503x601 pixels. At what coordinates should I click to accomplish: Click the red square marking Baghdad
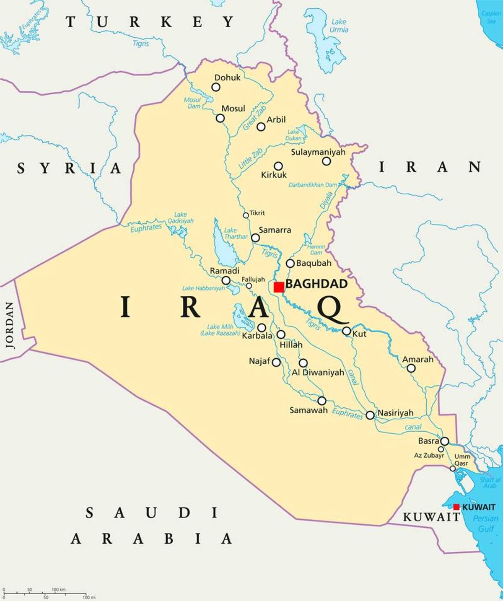pyautogui.click(x=279, y=287)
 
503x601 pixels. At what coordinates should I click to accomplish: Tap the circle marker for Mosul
pyautogui.click(x=220, y=118)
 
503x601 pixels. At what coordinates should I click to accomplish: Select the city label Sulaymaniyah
pyautogui.click(x=318, y=152)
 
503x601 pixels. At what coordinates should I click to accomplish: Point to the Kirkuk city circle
pyautogui.click(x=278, y=166)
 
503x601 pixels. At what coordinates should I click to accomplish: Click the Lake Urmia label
pyautogui.click(x=339, y=26)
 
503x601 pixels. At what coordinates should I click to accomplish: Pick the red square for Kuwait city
pyautogui.click(x=456, y=507)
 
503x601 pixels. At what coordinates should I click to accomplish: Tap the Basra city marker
pyautogui.click(x=444, y=441)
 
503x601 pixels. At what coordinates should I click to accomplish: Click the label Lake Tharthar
pyautogui.click(x=235, y=233)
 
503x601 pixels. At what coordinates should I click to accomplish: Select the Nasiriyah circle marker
pyautogui.click(x=370, y=415)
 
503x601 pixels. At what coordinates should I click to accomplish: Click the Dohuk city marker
pyautogui.click(x=215, y=87)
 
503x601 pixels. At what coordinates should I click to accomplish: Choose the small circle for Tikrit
pyautogui.click(x=246, y=215)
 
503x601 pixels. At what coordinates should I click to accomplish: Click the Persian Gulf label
pyautogui.click(x=486, y=523)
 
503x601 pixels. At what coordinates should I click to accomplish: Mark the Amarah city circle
pyautogui.click(x=411, y=368)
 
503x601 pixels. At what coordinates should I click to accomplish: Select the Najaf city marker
pyautogui.click(x=276, y=362)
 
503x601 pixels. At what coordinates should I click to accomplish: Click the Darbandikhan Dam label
pyautogui.click(x=313, y=185)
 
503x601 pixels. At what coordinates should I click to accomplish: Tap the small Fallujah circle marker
pyautogui.click(x=249, y=286)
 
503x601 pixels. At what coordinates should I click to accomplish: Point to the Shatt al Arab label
pyautogui.click(x=490, y=483)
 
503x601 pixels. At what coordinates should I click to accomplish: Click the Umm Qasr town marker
pyautogui.click(x=452, y=468)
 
